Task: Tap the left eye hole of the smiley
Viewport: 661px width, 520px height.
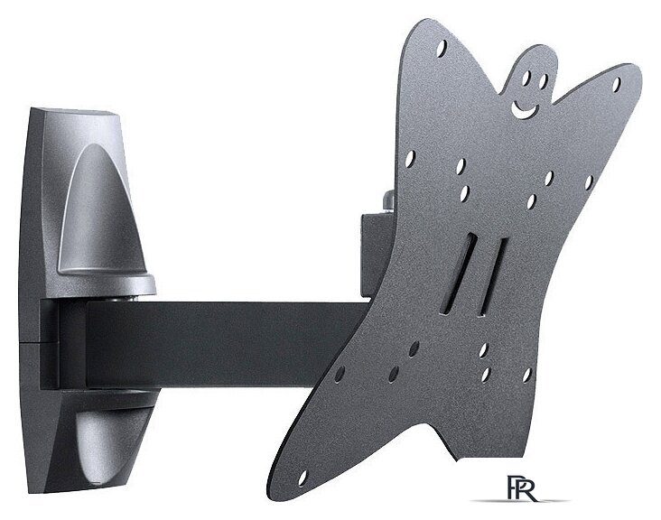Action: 526,79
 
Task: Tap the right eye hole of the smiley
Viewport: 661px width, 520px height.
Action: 544,81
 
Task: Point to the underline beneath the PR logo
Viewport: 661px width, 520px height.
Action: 519,501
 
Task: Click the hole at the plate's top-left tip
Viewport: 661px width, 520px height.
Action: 442,48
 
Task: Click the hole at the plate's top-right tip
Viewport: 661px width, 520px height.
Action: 617,84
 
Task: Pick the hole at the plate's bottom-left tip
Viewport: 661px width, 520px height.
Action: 303,478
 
